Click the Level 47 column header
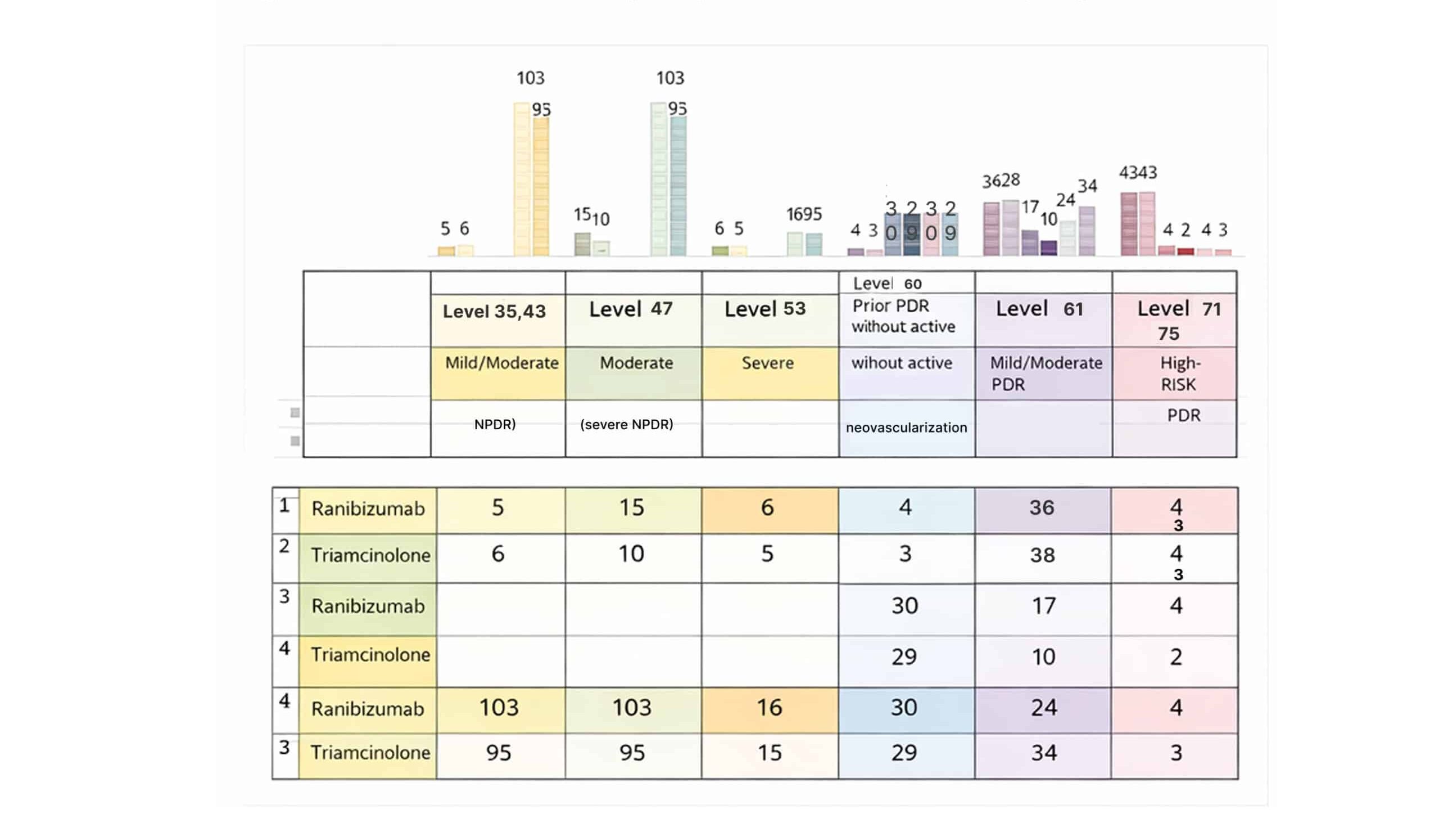[x=630, y=309]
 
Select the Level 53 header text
[x=764, y=309]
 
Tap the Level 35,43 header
[x=494, y=312]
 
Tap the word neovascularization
[x=906, y=428]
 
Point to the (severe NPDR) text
[x=626, y=425]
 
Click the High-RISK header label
[x=1179, y=374]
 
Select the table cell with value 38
[x=1042, y=555]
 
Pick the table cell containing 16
[x=769, y=708]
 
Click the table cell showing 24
[x=1043, y=708]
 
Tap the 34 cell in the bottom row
[x=1043, y=753]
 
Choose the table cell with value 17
[x=1043, y=606]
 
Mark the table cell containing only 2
[x=1176, y=657]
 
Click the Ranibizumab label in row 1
[x=368, y=509]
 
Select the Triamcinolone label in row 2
[x=370, y=556]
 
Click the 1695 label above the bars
[x=804, y=215]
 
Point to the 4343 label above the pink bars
[x=1137, y=173]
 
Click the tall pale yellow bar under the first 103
[x=521, y=179]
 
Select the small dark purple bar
[x=1048, y=248]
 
